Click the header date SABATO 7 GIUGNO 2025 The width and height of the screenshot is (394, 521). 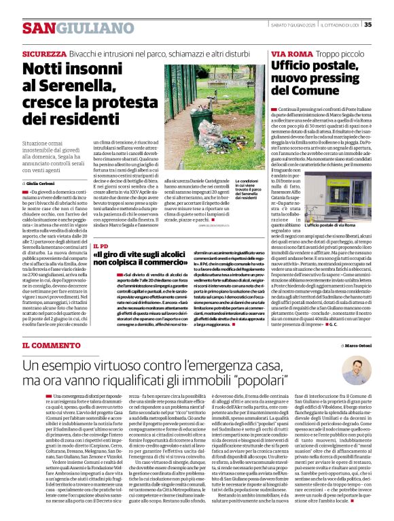293,25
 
